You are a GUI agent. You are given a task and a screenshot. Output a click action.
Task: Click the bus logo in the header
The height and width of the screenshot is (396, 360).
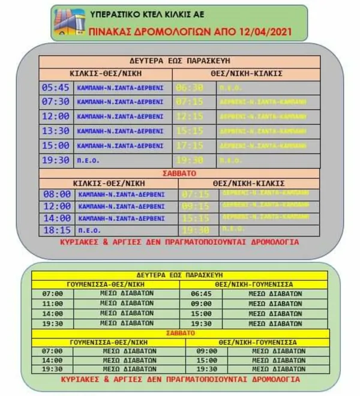(69, 22)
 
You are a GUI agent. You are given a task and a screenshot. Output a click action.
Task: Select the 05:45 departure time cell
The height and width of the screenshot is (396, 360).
(56, 87)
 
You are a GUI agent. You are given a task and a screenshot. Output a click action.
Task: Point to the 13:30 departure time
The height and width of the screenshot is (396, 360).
(56, 131)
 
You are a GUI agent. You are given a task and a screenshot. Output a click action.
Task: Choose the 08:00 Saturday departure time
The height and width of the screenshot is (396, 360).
(57, 194)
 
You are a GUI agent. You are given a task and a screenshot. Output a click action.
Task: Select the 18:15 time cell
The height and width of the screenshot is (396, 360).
(57, 230)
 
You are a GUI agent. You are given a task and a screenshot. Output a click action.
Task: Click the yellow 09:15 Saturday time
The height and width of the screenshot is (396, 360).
(196, 206)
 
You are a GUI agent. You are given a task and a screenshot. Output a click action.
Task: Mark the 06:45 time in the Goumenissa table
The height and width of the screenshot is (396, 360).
(201, 294)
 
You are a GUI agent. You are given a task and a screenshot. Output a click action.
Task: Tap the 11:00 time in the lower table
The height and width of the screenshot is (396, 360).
(52, 304)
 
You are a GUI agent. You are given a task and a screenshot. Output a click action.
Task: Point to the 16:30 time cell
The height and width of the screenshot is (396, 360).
(201, 313)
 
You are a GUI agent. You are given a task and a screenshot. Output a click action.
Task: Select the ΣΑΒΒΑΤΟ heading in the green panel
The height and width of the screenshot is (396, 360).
(180, 332)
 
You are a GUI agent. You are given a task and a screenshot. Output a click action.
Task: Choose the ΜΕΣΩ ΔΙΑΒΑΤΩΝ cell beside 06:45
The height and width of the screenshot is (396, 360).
(275, 294)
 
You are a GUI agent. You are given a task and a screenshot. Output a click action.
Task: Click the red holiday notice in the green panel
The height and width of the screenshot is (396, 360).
(180, 379)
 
